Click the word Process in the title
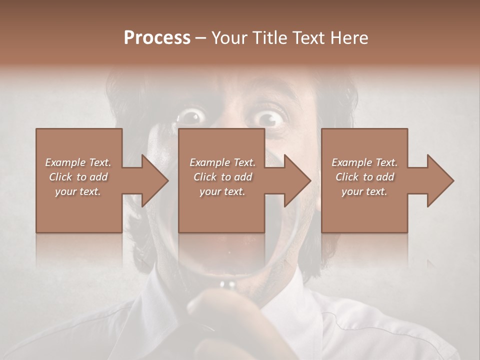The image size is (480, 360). [157, 38]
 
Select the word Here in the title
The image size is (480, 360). [349, 38]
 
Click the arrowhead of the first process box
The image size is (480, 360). [155, 180]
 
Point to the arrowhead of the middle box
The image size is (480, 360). [298, 180]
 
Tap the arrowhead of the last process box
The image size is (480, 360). [440, 180]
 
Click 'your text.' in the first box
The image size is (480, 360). [78, 191]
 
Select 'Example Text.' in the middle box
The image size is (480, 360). [222, 162]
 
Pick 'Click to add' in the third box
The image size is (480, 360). [365, 177]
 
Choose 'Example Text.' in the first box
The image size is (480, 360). [78, 162]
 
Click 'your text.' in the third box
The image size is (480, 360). [364, 191]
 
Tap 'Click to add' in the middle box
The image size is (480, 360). [222, 177]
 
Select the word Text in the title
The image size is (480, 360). [309, 38]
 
